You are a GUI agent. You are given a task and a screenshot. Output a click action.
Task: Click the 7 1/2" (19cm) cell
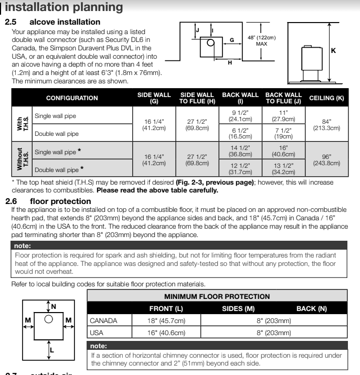tap(283, 133)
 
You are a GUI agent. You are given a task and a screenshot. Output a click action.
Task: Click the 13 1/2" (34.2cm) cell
tap(283, 169)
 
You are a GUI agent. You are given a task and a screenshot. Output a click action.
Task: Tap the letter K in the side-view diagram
tap(333, 51)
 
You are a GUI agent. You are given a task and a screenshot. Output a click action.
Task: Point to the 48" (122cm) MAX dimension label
tap(261, 40)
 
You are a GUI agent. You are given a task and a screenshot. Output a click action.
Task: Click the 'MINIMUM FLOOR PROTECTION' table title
tap(224, 296)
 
